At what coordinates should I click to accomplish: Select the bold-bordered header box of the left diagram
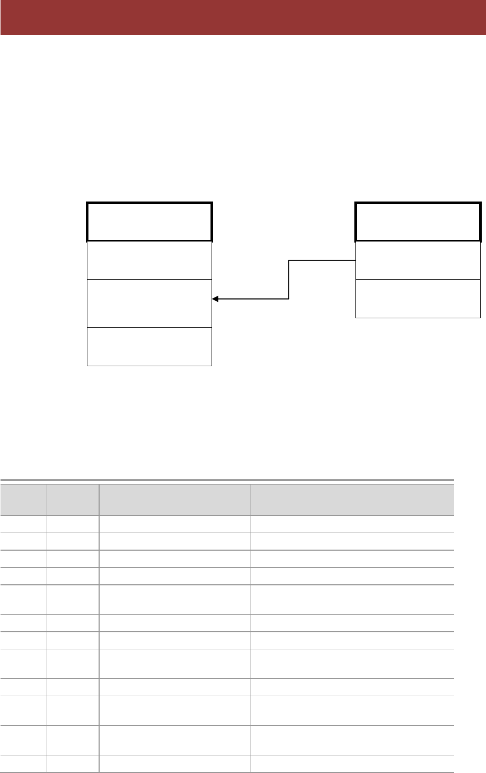(x=149, y=222)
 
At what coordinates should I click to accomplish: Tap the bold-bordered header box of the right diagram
(x=418, y=222)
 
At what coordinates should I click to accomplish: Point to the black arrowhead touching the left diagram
(x=215, y=299)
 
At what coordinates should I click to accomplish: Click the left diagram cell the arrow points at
(x=149, y=303)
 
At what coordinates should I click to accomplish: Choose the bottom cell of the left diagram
(x=149, y=347)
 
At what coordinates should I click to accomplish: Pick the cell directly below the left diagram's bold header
(x=149, y=260)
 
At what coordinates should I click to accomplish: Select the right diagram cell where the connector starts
(x=418, y=260)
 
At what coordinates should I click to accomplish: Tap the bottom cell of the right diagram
(x=418, y=299)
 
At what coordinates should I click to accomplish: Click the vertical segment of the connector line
(x=289, y=280)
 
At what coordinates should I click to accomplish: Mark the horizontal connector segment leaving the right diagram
(x=322, y=261)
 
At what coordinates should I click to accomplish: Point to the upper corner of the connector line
(x=289, y=261)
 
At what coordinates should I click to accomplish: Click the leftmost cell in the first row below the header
(x=23, y=524)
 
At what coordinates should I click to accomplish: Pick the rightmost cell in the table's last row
(x=352, y=763)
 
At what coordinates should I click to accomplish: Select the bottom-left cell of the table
(x=23, y=763)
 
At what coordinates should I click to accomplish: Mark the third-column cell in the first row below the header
(x=175, y=524)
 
